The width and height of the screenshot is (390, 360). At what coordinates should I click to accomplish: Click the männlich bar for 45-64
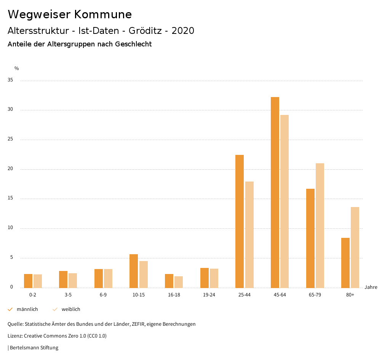275,192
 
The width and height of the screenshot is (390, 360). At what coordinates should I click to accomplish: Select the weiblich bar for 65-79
320,225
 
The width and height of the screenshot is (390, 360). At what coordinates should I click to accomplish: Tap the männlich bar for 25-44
240,221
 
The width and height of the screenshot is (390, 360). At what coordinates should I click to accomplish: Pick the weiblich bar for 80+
355,247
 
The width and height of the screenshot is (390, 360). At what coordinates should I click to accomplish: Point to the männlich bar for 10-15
134,271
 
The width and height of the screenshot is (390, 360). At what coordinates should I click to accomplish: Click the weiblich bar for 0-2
38,281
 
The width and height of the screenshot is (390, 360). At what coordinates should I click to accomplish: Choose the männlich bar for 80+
345,263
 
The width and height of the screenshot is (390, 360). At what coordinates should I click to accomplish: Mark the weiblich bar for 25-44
249,234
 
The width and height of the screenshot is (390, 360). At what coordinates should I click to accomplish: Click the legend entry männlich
27,309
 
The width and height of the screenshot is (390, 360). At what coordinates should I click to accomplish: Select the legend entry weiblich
71,309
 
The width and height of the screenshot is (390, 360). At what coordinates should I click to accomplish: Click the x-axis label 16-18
174,295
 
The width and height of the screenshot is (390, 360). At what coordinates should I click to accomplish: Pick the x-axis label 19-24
209,295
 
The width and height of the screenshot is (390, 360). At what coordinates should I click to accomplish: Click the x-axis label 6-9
103,295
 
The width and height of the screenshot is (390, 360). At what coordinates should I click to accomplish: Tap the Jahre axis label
371,287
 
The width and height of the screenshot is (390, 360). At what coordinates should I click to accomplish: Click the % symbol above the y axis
17,68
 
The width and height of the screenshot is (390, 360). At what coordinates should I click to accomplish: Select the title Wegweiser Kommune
70,14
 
